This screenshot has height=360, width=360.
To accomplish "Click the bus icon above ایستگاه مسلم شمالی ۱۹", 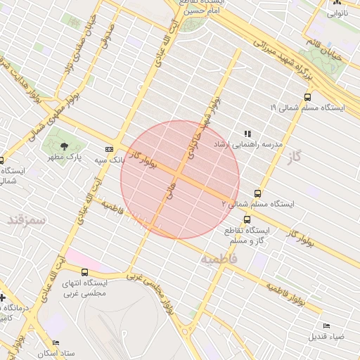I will (x=307, y=98).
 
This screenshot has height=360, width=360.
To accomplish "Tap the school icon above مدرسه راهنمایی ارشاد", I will (x=247, y=133).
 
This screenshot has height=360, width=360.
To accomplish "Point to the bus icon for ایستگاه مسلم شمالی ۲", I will (x=258, y=193).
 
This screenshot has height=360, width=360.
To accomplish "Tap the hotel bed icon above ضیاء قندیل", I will (x=326, y=326).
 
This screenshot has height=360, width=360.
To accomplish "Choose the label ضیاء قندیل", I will (x=326, y=337).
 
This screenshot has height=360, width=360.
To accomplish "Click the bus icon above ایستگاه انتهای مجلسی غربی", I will (x=85, y=272).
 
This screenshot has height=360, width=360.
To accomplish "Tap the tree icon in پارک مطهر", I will (x=65, y=146).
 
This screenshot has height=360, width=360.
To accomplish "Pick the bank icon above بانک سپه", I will (x=109, y=149).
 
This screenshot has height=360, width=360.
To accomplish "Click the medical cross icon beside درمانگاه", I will (x=3, y=297).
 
